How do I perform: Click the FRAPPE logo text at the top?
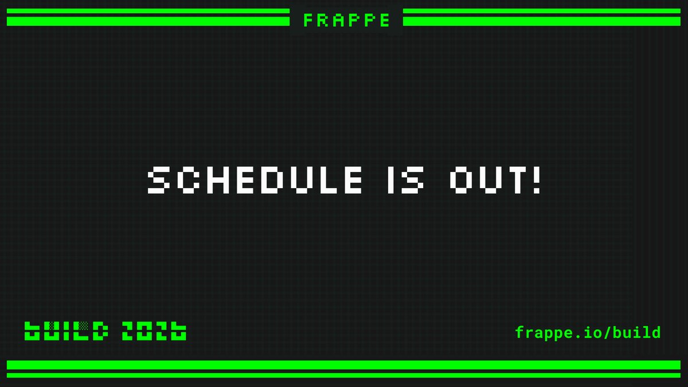point(347,21)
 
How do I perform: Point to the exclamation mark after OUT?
point(537,181)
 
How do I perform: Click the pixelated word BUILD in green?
point(66,331)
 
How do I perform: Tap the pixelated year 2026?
point(154,331)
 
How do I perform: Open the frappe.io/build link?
point(588,332)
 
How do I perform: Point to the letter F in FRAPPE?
point(308,21)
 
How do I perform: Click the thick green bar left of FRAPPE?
point(148,21)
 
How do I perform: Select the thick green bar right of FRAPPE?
point(541,21)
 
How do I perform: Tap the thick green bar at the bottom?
point(344,365)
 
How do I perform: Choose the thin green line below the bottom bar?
point(344,376)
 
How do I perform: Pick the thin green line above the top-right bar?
point(541,11)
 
